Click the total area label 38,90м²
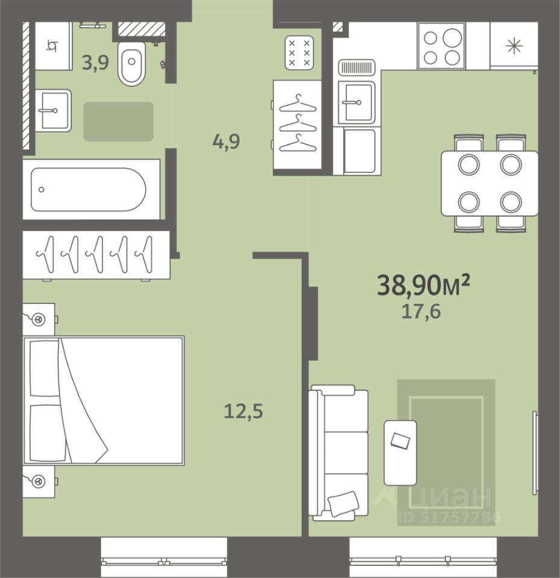click(423, 285)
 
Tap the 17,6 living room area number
click(421, 312)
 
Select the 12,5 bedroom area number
click(244, 411)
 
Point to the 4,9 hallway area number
click(226, 141)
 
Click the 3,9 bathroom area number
click(95, 62)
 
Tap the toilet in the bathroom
click(132, 63)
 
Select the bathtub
click(91, 190)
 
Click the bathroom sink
click(53, 110)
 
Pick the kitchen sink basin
click(357, 102)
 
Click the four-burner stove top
click(441, 46)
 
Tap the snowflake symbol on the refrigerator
click(514, 46)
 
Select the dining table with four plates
click(489, 183)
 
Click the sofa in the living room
click(338, 453)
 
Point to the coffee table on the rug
click(400, 453)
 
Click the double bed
click(104, 400)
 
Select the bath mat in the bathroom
click(118, 122)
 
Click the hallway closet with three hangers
click(298, 125)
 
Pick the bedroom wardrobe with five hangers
click(96, 255)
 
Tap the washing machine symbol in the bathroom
click(53, 46)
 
